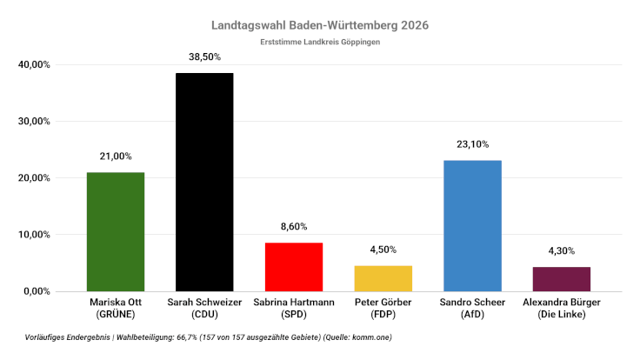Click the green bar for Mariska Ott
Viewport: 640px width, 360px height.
[116, 231]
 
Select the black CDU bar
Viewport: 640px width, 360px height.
[204, 182]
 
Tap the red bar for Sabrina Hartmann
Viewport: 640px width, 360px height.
[294, 266]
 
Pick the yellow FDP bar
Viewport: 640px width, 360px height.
[383, 278]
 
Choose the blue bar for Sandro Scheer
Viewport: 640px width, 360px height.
[472, 225]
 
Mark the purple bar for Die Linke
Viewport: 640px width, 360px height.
[561, 278]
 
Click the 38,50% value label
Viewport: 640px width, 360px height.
[204, 57]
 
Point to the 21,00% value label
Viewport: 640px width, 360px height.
[116, 157]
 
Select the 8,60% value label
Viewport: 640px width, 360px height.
[294, 226]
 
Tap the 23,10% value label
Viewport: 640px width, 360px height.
[472, 144]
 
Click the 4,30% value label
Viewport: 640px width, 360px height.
[561, 250]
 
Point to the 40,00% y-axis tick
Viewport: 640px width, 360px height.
[34, 64]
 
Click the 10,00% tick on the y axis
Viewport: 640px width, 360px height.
[34, 235]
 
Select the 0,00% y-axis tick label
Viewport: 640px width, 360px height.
[37, 291]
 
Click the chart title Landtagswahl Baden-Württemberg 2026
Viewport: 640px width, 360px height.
[320, 25]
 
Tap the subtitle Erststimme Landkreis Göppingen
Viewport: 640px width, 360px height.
[320, 42]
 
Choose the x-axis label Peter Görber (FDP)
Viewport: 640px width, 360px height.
[383, 307]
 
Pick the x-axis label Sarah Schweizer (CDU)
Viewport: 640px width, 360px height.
[204, 307]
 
